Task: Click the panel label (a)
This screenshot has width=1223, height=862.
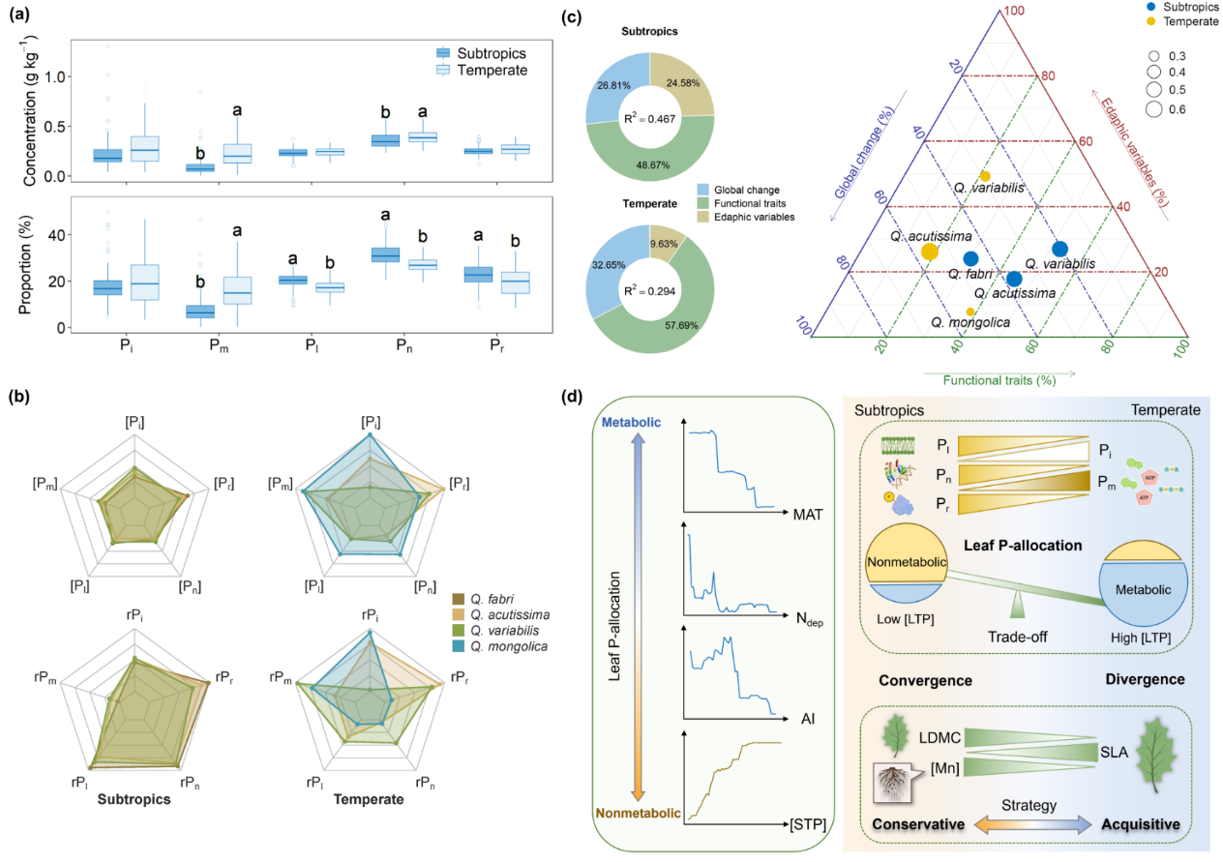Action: pyautogui.click(x=20, y=15)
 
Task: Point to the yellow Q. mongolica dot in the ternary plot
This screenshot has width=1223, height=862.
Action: pyautogui.click(x=970, y=312)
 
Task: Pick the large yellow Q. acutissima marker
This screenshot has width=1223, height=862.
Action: pyautogui.click(x=930, y=252)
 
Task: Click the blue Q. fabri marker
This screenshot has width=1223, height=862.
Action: pyautogui.click(x=970, y=258)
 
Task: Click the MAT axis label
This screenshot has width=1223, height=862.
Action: pyautogui.click(x=806, y=514)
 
